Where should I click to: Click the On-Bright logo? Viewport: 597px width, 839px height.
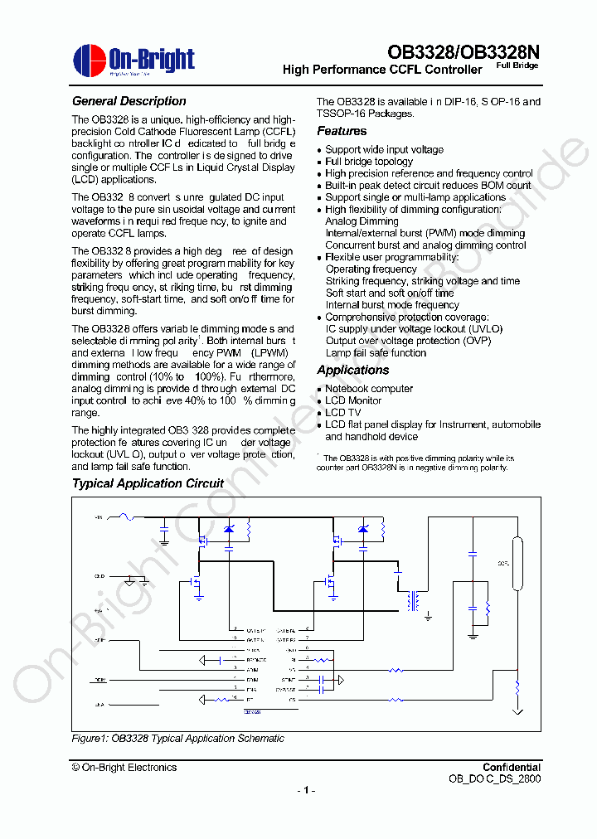[133, 61]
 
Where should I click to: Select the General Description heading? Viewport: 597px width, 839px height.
[129, 101]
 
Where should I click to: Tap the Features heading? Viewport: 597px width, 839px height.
[342, 131]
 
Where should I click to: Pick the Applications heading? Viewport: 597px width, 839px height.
[352, 370]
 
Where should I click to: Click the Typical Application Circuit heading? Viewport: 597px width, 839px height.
[148, 483]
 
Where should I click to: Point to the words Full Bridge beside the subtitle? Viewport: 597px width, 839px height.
[517, 65]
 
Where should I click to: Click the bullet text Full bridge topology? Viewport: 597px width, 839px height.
[368, 162]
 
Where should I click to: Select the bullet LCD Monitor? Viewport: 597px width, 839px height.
[353, 400]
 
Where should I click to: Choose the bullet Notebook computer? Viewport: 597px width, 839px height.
[368, 388]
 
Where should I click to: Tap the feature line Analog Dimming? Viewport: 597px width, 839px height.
[362, 221]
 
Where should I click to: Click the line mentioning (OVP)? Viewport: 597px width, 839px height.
[408, 341]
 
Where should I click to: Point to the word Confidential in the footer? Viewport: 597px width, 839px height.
[512, 768]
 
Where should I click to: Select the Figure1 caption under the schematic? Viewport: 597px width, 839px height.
[177, 738]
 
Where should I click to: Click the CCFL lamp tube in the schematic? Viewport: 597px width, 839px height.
[518, 564]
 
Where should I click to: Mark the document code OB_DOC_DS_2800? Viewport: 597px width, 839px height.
[494, 779]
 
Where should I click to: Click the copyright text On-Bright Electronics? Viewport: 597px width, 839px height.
[124, 768]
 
